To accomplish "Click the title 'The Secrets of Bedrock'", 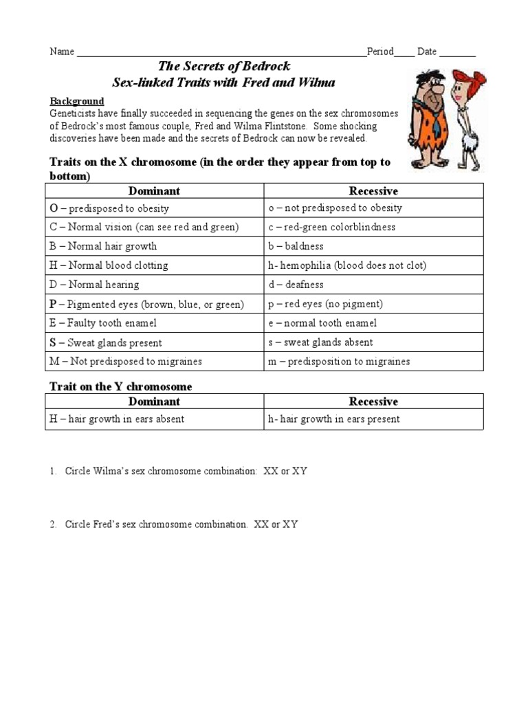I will [224, 67].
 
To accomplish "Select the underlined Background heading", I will [76, 101].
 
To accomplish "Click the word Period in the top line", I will [380, 52].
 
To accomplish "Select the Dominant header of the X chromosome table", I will [155, 191].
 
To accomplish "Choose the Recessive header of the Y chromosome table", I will [373, 401].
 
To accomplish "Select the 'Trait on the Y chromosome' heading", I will [120, 386].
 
